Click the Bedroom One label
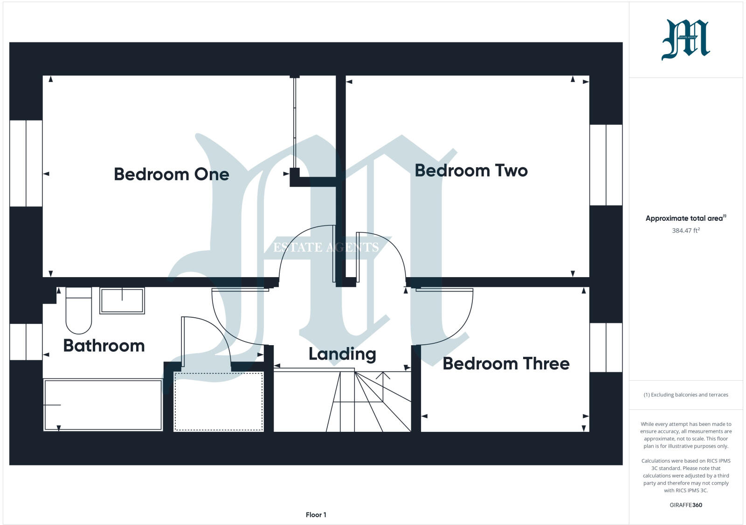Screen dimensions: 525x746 pyautogui.click(x=171, y=174)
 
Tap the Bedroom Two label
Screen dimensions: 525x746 pyautogui.click(x=471, y=170)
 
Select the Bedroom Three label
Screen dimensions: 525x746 pyautogui.click(x=506, y=363)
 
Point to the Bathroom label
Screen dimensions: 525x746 pyautogui.click(x=104, y=346)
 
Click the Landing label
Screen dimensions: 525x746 pyautogui.click(x=342, y=354)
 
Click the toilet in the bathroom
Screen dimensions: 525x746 pyautogui.click(x=79, y=310)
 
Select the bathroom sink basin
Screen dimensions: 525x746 pyautogui.click(x=122, y=300)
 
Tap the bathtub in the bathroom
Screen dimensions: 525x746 pyautogui.click(x=103, y=405)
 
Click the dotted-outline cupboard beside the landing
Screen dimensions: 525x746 pyautogui.click(x=218, y=401)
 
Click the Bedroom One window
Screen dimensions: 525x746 pyautogui.click(x=26, y=163)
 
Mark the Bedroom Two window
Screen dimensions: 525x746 pyautogui.click(x=606, y=165)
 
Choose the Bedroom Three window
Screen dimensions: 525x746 pyautogui.click(x=606, y=348)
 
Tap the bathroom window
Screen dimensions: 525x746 pyautogui.click(x=26, y=342)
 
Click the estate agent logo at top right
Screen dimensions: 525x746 pyautogui.click(x=685, y=40)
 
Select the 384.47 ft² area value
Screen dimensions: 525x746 pyautogui.click(x=686, y=231)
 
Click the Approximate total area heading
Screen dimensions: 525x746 pyautogui.click(x=684, y=218)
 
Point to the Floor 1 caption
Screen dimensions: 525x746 pyautogui.click(x=316, y=515)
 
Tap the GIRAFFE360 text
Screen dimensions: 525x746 pyautogui.click(x=686, y=505)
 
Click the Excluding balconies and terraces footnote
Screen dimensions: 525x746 pyautogui.click(x=686, y=395)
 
